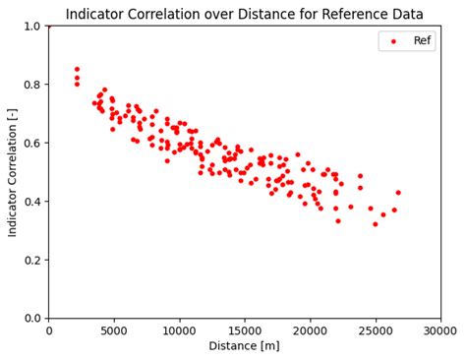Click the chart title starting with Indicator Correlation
pyautogui.click(x=245, y=14)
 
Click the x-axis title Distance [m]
pyautogui.click(x=245, y=346)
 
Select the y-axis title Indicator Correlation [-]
pyautogui.click(x=13, y=171)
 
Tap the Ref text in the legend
pyautogui.click(x=423, y=41)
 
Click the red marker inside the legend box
pyautogui.click(x=395, y=41)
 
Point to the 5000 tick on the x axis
pyautogui.click(x=114, y=330)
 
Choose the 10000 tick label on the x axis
pyautogui.click(x=180, y=330)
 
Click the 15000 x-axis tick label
pyautogui.click(x=245, y=330)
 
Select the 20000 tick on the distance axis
pyautogui.click(x=311, y=330)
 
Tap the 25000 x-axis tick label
pyautogui.click(x=376, y=330)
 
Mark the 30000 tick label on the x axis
pyautogui.click(x=440, y=330)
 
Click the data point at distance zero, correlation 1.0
pyautogui.click(x=49, y=26)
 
